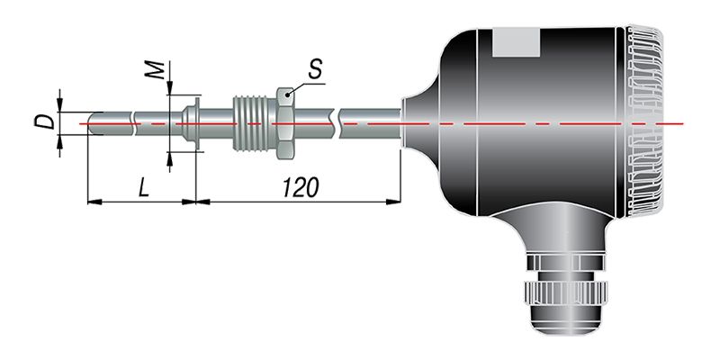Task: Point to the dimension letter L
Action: tap(144, 187)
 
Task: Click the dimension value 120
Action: tap(301, 187)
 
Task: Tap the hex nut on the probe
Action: tap(285, 123)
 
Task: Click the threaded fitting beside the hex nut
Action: tap(255, 123)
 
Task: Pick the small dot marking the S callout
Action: tap(288, 94)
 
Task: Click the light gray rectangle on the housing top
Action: tap(516, 42)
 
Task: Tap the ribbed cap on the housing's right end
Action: tap(644, 121)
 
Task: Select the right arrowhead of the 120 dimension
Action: tap(393, 201)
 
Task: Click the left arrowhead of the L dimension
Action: tap(94, 202)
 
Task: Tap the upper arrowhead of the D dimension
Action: tap(59, 104)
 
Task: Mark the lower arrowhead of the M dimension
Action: tap(170, 159)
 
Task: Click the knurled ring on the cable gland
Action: tap(567, 292)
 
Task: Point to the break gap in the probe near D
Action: tap(133, 123)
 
